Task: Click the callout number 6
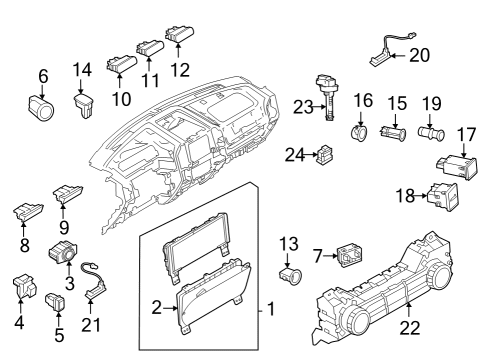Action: pyautogui.click(x=43, y=76)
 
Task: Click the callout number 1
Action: pyautogui.click(x=268, y=309)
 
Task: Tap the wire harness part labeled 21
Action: pyautogui.click(x=96, y=286)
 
